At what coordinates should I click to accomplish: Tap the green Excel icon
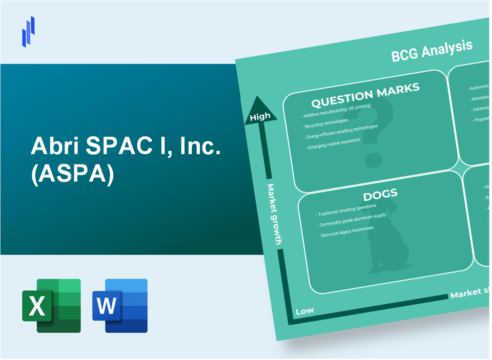pos(51,305)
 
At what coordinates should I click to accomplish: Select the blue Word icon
pos(120,305)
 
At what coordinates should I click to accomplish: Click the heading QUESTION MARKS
pos(365,93)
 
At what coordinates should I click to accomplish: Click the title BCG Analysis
pos(432,51)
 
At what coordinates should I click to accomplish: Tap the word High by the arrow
pos(260,117)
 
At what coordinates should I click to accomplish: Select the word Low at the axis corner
pos(304,311)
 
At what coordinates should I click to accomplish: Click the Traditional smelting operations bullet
pos(346,209)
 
